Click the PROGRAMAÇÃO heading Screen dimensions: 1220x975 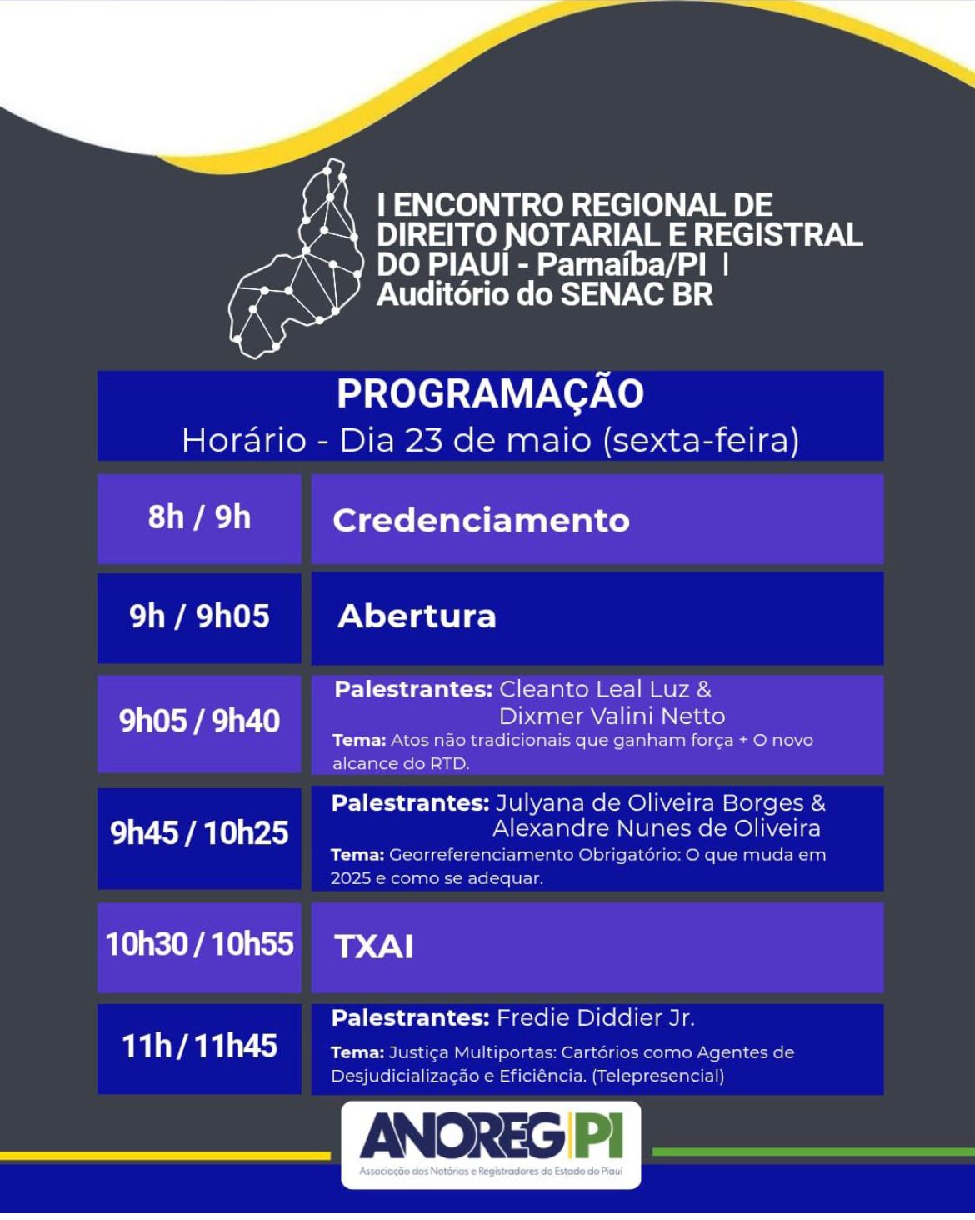pos(490,394)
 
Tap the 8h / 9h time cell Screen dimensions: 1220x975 pos(199,517)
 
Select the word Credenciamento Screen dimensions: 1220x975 pos(481,521)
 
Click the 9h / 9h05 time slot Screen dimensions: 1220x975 pos(199,617)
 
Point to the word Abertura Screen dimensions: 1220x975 pos(417,617)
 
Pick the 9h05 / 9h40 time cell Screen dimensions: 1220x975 pos(199,722)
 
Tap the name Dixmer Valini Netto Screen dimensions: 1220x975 pos(612,716)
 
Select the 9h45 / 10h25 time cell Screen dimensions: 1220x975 pos(199,833)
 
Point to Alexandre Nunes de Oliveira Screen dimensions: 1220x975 pos(656,828)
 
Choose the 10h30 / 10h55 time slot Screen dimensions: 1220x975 pos(199,944)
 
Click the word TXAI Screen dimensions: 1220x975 pos(374,947)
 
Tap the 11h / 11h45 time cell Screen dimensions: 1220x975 pos(199,1047)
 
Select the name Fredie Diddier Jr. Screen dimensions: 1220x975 pos(595,1018)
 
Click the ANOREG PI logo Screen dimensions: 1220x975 pos(491,1143)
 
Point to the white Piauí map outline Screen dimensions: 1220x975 pos(298,259)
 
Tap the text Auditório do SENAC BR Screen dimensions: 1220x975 pos(544,294)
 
